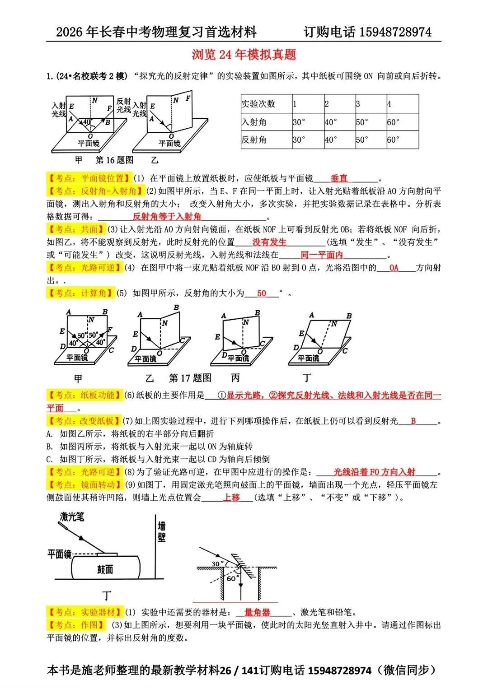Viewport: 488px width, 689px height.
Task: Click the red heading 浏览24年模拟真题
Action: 244,55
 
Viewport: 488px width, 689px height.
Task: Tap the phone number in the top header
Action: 395,32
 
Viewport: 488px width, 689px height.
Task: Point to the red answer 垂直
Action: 339,178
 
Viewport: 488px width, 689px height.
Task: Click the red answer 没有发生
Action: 269,242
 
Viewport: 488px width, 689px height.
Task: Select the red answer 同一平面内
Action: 322,255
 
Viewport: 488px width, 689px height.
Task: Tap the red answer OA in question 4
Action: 394,268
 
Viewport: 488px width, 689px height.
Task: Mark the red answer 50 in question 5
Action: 262,293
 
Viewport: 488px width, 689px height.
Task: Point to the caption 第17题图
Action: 190,378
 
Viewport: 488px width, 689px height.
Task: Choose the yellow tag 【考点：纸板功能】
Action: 84,395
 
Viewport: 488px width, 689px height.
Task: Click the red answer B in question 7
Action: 413,421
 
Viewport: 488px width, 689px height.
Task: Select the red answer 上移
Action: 231,497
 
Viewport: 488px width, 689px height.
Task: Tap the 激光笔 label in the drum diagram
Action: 72,517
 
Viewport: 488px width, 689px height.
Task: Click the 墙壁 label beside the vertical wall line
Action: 161,531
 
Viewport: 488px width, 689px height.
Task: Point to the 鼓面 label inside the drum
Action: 105,569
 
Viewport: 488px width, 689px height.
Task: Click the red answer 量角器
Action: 257,612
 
